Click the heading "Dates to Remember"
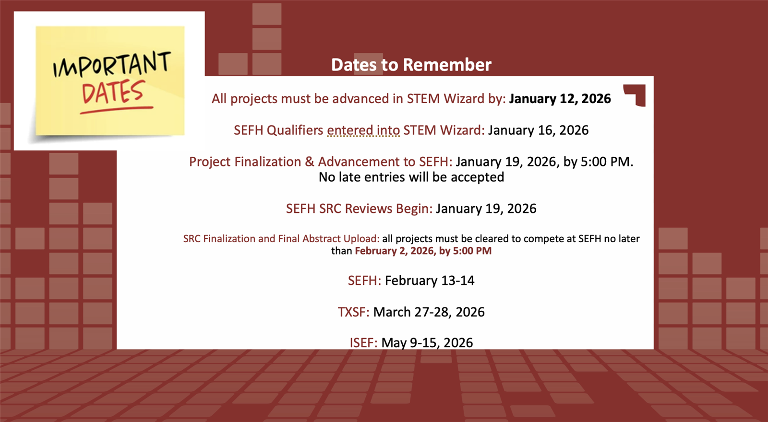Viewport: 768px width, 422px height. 411,65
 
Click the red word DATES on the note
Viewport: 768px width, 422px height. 113,92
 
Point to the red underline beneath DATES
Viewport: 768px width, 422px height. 117,110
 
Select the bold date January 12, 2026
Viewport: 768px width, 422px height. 560,99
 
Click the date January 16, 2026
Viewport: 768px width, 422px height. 538,130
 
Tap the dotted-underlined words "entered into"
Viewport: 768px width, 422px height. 363,130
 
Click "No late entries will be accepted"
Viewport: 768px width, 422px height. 411,177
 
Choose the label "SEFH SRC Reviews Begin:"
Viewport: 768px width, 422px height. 360,209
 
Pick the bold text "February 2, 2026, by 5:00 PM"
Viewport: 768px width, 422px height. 423,251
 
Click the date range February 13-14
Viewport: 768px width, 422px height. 430,281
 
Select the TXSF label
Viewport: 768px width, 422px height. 353,312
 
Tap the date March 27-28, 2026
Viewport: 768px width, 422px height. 429,312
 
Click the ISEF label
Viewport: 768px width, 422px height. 363,342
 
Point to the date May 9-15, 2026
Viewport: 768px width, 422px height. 427,342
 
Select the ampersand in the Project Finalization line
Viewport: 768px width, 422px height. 309,162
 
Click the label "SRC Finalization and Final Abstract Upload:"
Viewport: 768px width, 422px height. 281,239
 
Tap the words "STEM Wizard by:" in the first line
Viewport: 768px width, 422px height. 456,99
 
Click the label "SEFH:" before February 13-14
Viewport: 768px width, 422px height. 364,281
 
